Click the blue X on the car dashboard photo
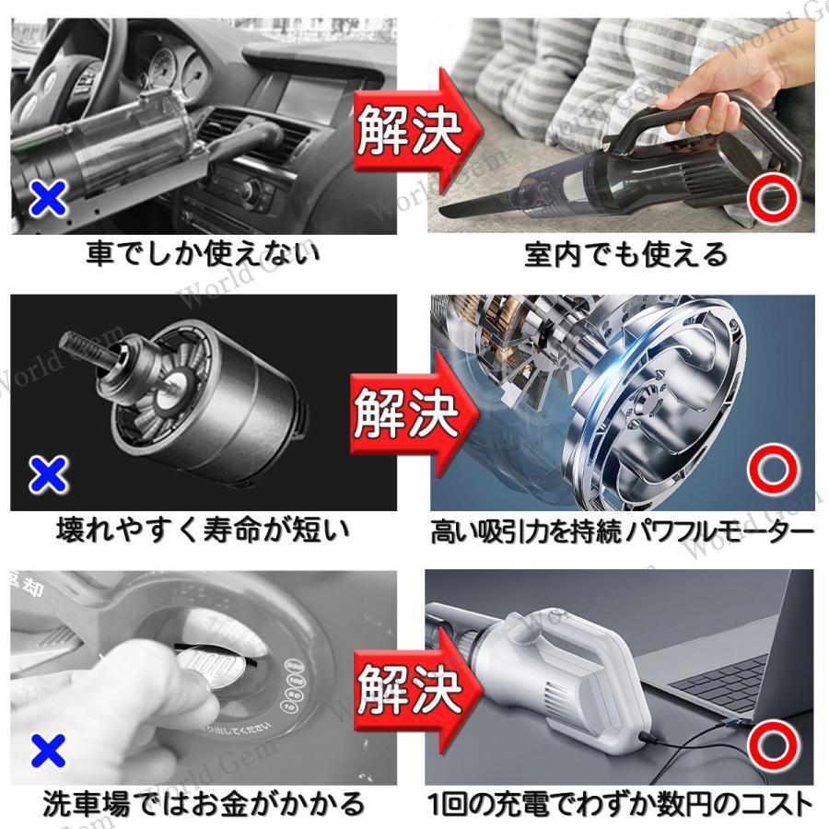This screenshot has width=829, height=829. click(x=48, y=198)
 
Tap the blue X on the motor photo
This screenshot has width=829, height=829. click(x=48, y=473)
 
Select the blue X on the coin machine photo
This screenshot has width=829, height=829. click(x=48, y=751)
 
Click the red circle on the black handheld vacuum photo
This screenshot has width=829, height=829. click(x=773, y=196)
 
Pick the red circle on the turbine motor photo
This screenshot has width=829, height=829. click(x=773, y=470)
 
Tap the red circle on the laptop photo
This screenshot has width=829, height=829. click(x=773, y=746)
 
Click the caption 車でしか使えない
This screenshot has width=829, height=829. click(x=204, y=254)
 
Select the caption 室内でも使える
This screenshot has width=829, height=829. click(x=626, y=255)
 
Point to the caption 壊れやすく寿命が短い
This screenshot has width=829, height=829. click(x=204, y=530)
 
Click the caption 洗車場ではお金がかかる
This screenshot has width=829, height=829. click(x=204, y=804)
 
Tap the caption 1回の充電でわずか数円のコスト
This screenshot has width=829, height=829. click(x=620, y=804)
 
